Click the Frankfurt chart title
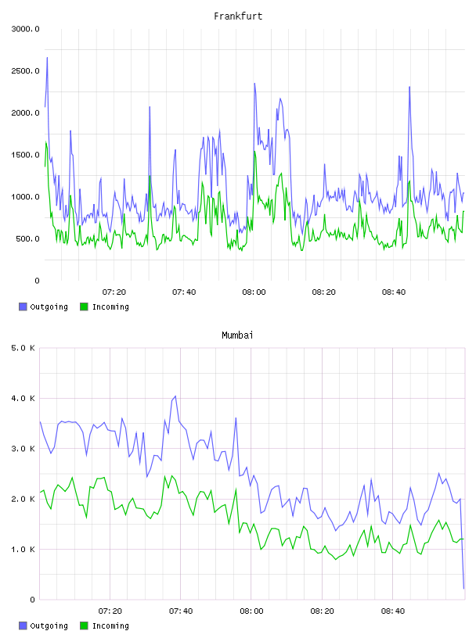[x=238, y=16]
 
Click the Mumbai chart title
[x=237, y=335]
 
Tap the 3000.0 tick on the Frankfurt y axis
[x=25, y=29]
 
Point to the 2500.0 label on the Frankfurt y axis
[x=25, y=71]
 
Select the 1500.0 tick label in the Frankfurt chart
[x=25, y=155]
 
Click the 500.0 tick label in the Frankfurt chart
[x=27, y=238]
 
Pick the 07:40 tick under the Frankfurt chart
[x=184, y=292]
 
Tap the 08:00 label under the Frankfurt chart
[x=254, y=292]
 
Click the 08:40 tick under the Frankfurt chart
[x=394, y=292]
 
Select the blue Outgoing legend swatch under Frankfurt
[x=23, y=306]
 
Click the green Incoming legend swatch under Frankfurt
[x=84, y=306]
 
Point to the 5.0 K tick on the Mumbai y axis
[x=23, y=348]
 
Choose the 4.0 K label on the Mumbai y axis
[x=23, y=398]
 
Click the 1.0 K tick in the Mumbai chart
[x=23, y=550]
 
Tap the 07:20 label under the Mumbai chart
[x=110, y=611]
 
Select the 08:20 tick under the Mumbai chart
[x=322, y=611]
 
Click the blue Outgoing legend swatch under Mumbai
[x=23, y=625]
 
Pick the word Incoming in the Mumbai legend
[x=110, y=626]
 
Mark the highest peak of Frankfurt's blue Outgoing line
[x=47, y=57]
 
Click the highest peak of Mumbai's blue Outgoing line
[x=175, y=396]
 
